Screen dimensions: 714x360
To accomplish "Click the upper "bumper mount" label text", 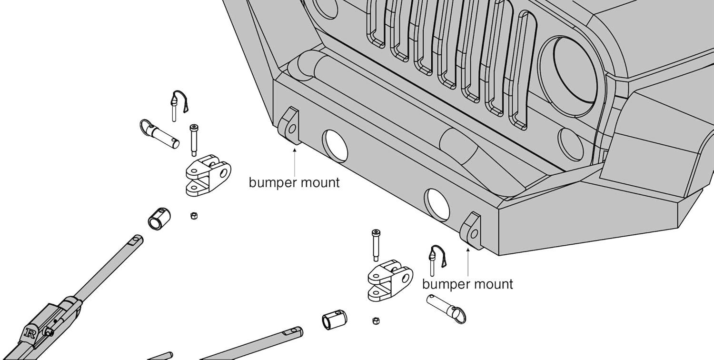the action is tap(294, 183).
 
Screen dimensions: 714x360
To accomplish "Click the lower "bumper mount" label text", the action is tap(467, 284).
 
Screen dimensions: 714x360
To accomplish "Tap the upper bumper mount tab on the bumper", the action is tap(289, 125).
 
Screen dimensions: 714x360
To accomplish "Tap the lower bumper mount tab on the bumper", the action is tap(471, 230).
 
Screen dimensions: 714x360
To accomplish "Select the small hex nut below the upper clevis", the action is tap(193, 216).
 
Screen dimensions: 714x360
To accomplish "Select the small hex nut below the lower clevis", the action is tap(376, 320).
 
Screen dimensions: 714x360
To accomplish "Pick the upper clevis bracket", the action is tap(208, 175).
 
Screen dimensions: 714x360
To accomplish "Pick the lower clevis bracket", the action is tap(390, 280).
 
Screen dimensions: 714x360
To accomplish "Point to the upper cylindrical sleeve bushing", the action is tap(159, 219).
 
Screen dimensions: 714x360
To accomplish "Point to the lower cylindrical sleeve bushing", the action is tap(334, 320).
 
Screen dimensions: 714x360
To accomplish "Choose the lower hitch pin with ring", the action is tap(446, 309).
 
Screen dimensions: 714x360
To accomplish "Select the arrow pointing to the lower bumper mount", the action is tap(468, 262).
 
